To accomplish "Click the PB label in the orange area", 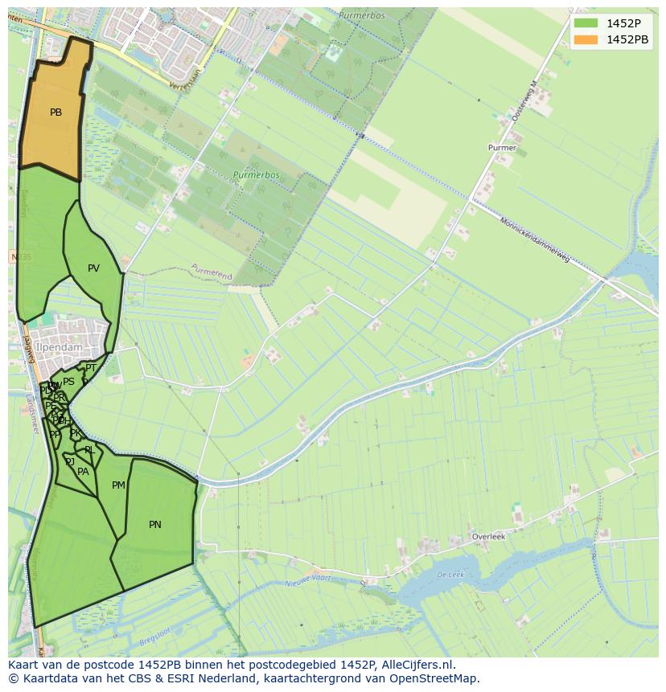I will [55, 113].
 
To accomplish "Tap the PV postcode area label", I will [93, 268].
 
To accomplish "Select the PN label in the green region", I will [155, 525].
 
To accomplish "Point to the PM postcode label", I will [118, 485].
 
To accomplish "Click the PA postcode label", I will [83, 472].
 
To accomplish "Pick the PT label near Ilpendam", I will [91, 368].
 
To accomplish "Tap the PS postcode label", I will [68, 382].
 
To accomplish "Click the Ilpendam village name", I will [60, 348].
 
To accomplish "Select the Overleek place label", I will [489, 537].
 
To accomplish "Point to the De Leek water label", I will [450, 575].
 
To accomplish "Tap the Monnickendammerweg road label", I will [535, 240].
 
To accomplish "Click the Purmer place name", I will [502, 148].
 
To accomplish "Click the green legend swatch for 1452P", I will [586, 23].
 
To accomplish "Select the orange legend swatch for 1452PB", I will [586, 39].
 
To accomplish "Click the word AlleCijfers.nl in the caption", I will [417, 665].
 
